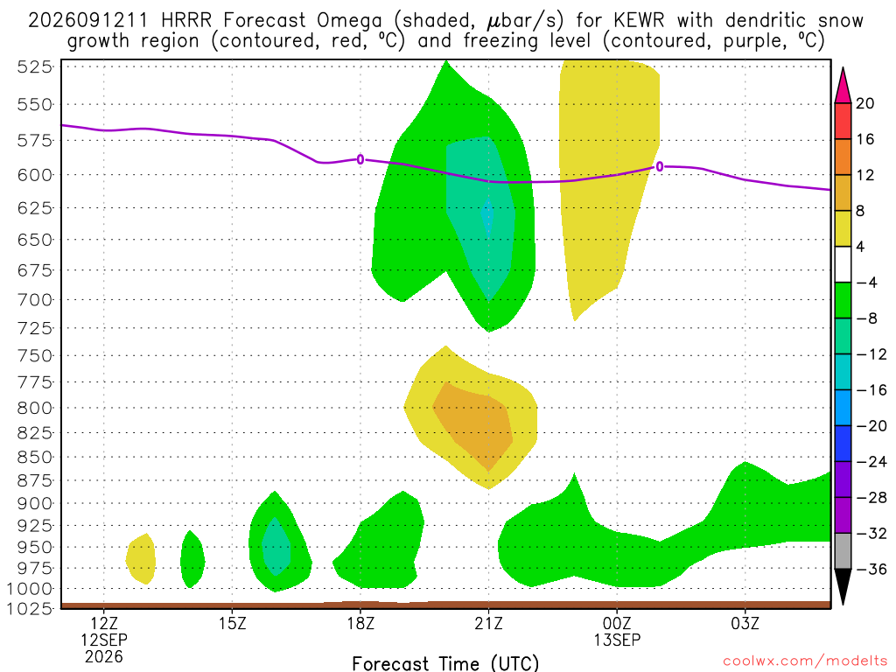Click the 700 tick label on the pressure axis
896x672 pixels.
tap(35, 299)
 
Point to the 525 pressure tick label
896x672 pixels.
tap(35, 66)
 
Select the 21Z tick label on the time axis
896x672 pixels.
tap(488, 623)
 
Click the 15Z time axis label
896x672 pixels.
tap(232, 623)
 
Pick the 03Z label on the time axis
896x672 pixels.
tap(745, 623)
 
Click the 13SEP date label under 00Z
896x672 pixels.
tap(617, 640)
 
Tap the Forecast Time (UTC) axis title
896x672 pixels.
tap(445, 663)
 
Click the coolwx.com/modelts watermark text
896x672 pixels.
tap(805, 661)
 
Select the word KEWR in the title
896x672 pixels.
tap(639, 21)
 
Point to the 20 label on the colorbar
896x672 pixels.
tap(864, 103)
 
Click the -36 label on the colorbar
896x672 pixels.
tap(871, 569)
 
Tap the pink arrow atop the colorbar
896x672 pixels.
tap(843, 86)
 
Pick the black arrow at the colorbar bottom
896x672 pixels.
tap(843, 586)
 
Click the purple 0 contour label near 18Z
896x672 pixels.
tap(360, 159)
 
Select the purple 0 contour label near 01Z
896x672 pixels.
tap(660, 167)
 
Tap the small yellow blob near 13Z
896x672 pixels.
tap(141, 558)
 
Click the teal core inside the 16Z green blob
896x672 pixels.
tap(276, 546)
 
